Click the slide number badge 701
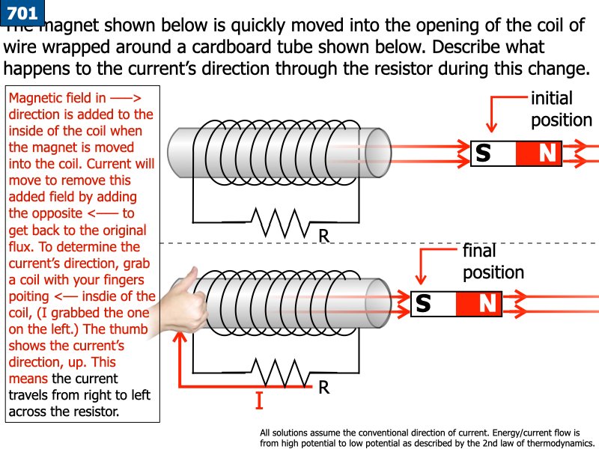(x=21, y=13)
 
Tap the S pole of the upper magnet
(x=484, y=153)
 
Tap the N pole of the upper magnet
(x=548, y=153)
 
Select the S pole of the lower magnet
(x=424, y=304)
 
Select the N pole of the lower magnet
(x=487, y=304)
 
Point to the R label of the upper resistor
(x=323, y=236)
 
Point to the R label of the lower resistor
(x=323, y=387)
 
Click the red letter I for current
(x=259, y=402)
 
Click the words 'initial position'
(x=561, y=109)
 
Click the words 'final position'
(x=493, y=261)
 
